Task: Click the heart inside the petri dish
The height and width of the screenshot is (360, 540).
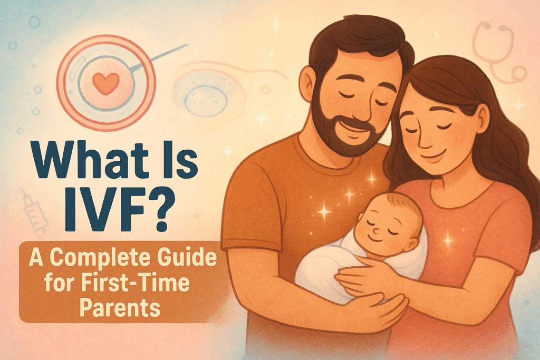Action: [x=106, y=83]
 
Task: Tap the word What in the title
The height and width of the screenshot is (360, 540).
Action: [x=86, y=160]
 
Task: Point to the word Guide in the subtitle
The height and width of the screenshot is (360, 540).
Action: [x=187, y=257]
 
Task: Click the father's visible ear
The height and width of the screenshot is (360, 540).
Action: [x=307, y=84]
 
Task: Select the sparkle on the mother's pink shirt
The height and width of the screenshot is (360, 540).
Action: [x=448, y=240]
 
